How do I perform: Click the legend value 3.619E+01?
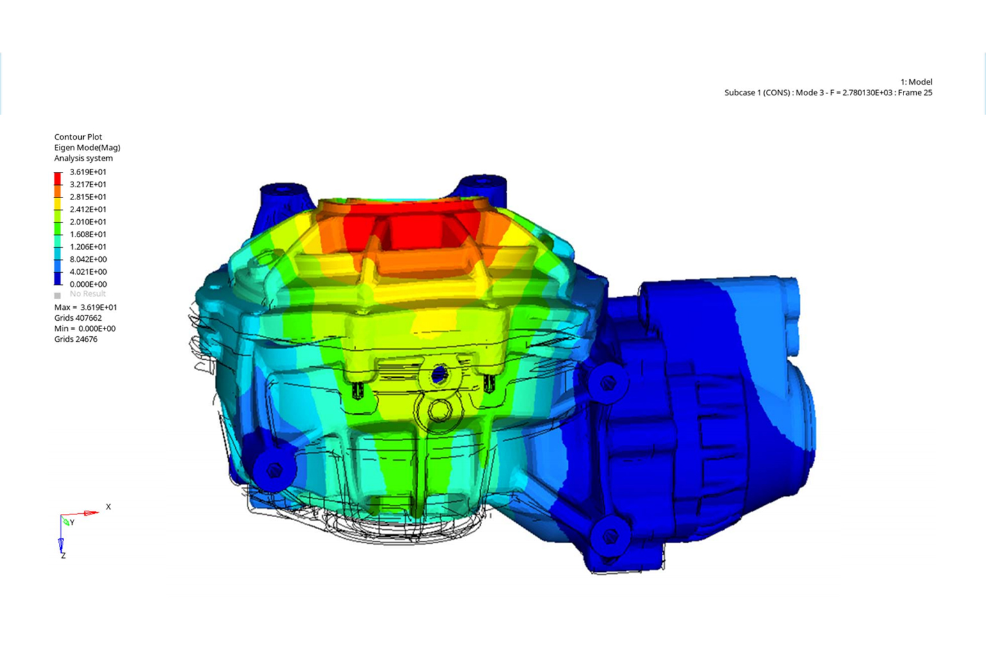click(x=88, y=172)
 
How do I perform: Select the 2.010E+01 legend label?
click(x=88, y=222)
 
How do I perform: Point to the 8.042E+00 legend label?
click(x=88, y=259)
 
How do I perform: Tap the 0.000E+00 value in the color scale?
click(x=88, y=284)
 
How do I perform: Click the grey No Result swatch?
click(x=58, y=295)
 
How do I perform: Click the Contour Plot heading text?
click(x=78, y=137)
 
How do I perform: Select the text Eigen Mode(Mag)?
click(x=87, y=148)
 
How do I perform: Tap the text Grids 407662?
click(x=78, y=318)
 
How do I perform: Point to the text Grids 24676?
click(x=76, y=339)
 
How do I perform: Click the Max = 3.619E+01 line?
click(x=86, y=307)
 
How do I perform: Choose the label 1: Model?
click(x=916, y=82)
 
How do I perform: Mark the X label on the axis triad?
click(x=108, y=507)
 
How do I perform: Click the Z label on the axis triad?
click(x=63, y=556)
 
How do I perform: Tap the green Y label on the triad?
click(x=72, y=523)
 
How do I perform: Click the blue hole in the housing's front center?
click(x=439, y=375)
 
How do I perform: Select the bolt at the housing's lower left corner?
click(x=274, y=470)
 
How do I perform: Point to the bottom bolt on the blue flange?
click(x=610, y=536)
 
